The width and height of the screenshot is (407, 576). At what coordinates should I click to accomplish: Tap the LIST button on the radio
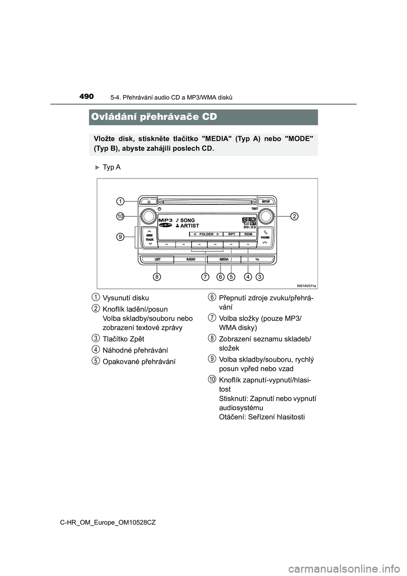click(x=157, y=259)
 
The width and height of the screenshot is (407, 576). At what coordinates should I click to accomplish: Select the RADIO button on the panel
click(x=191, y=259)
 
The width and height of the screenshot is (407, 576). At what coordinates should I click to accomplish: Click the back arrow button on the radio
click(x=257, y=259)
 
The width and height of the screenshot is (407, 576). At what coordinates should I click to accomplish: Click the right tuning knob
click(x=266, y=216)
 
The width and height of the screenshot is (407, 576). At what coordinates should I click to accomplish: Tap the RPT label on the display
click(x=231, y=234)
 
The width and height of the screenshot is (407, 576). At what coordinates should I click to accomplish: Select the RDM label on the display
click(x=248, y=234)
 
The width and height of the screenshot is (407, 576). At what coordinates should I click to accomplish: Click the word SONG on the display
click(x=187, y=221)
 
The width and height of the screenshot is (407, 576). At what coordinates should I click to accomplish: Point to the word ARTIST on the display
click(x=190, y=226)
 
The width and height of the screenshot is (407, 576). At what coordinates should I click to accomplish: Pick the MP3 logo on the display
click(x=165, y=221)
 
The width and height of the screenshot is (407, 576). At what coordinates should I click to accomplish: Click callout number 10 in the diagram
click(x=120, y=216)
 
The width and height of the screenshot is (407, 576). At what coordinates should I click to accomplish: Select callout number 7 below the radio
click(x=205, y=277)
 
